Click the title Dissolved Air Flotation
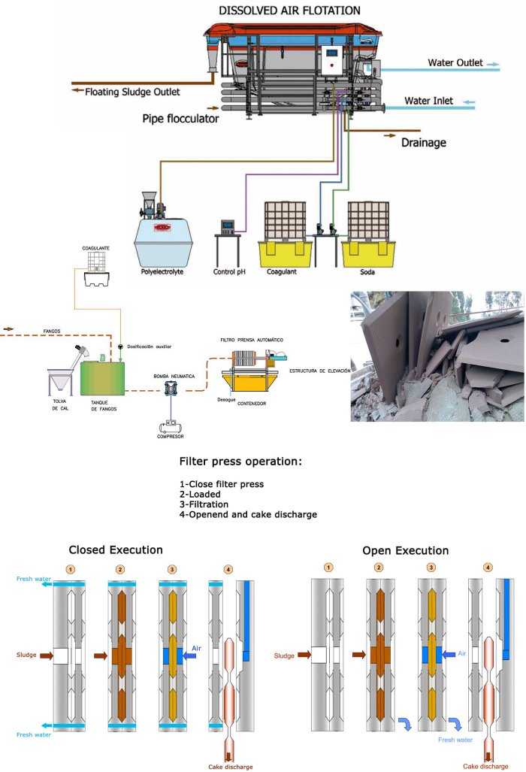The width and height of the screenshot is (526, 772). coord(289,10)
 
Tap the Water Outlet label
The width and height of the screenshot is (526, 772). coord(455,62)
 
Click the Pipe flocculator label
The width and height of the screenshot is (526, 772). coord(181,118)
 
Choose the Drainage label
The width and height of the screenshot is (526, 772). coord(424,142)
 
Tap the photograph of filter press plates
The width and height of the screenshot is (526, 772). coord(437,356)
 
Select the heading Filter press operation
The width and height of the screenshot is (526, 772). coord(240,461)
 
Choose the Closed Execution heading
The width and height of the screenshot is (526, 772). coord(115,550)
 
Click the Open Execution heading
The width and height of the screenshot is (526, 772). coord(405,550)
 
